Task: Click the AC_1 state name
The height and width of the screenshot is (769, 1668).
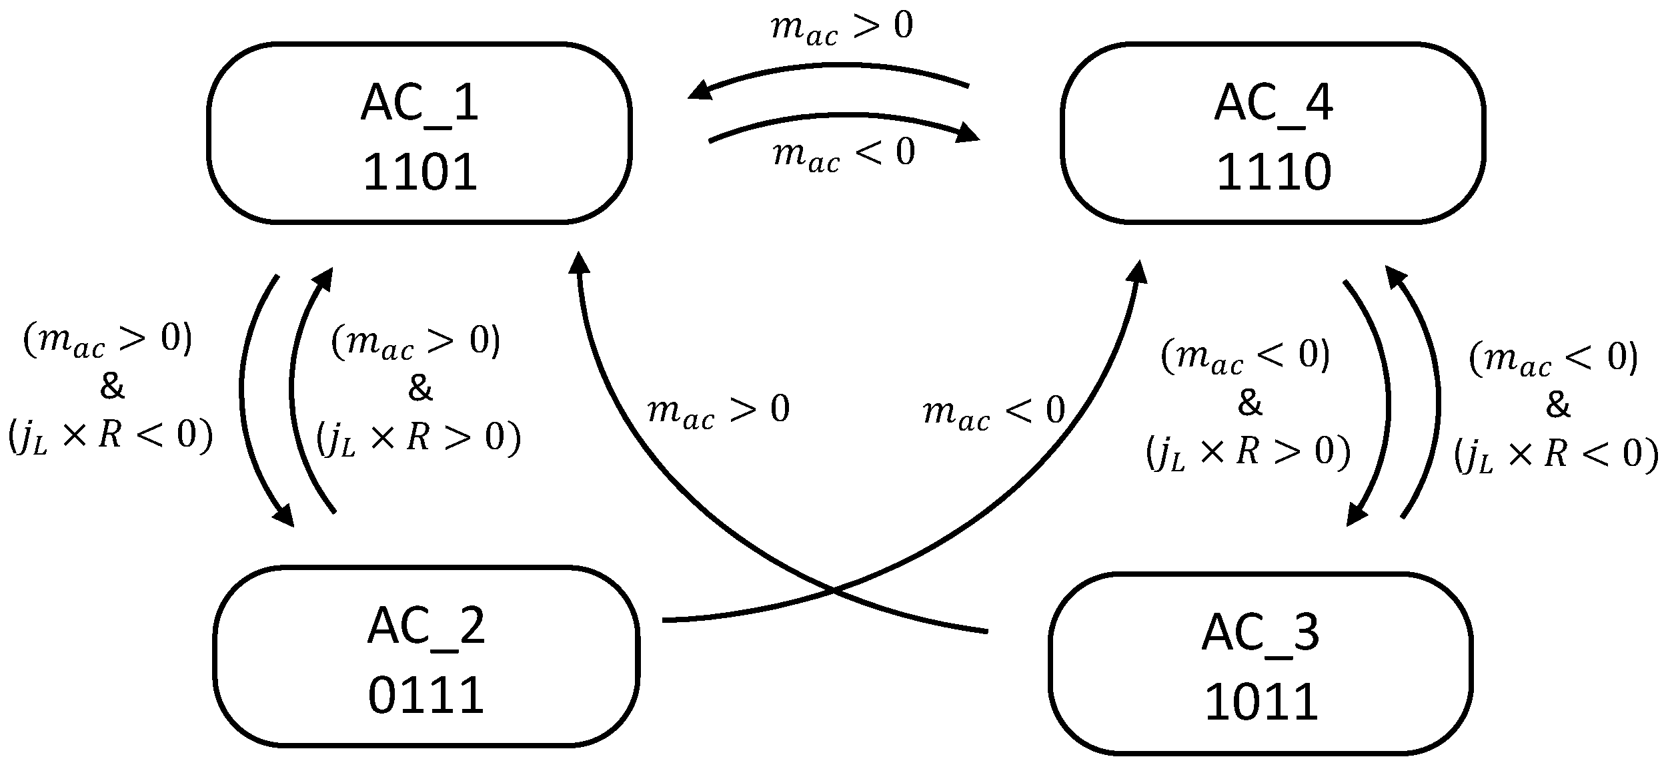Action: (420, 103)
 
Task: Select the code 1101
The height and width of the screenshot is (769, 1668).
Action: (420, 172)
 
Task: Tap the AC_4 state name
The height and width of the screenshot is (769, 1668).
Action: (1273, 103)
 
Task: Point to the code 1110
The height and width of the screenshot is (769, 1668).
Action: (1273, 172)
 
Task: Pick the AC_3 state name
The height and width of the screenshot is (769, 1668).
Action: (1261, 633)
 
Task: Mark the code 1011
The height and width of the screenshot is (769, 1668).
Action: (1261, 702)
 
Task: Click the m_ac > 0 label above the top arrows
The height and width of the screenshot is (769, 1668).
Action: (842, 28)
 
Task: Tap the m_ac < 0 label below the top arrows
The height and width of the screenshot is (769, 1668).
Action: (844, 155)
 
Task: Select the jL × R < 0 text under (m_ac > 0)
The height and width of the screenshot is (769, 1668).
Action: (111, 437)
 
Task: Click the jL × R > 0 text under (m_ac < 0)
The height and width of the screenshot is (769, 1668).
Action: (1248, 453)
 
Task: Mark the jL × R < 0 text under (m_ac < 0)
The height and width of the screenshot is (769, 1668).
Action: (1556, 455)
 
